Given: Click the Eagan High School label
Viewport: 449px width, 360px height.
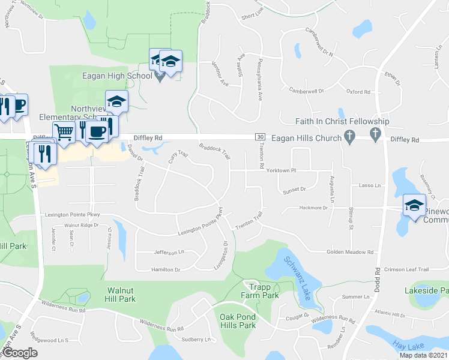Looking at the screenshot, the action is [117, 76].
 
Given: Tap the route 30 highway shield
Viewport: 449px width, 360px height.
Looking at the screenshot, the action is [260, 137].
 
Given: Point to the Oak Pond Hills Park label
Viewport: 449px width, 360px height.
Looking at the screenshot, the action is [238, 321].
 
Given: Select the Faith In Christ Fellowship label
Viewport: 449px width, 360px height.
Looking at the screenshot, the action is [342, 122].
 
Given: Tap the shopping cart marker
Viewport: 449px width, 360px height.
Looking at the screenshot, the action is [64, 131].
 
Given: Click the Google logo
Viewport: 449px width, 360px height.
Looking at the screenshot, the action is [20, 353].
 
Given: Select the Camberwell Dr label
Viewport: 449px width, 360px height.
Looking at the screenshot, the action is [306, 91].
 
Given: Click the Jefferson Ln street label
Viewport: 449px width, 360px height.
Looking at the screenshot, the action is [168, 253].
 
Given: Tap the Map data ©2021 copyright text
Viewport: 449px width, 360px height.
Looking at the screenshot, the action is [424, 355].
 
